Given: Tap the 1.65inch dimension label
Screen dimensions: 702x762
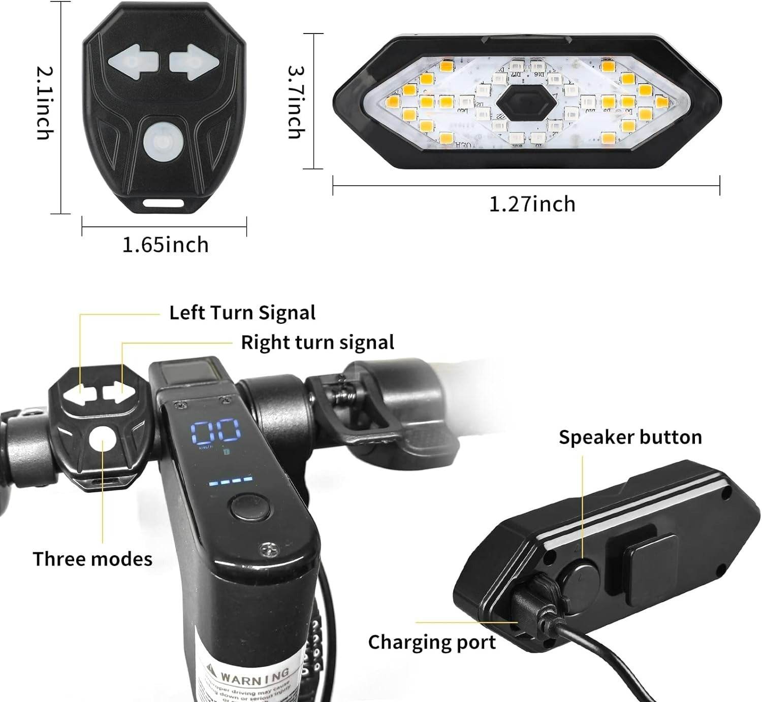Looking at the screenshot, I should point(165,245).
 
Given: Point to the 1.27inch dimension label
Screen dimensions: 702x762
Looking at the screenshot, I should point(532,204).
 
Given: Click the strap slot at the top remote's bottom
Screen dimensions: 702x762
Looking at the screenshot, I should point(163,203).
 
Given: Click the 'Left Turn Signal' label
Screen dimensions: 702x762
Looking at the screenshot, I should point(242,313).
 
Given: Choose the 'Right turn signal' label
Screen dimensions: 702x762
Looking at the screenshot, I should point(317,343).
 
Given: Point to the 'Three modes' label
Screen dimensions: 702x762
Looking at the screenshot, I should point(92,559).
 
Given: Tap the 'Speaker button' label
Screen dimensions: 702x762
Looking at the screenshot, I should point(630,437).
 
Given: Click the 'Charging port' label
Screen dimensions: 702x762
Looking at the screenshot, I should point(432,642).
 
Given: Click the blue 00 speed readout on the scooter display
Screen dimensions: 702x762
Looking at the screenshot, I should point(215,431).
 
